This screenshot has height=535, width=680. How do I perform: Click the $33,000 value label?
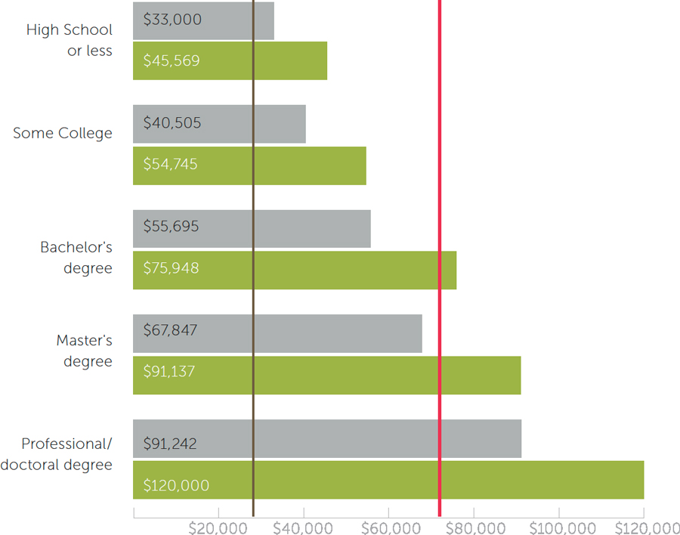point(172,20)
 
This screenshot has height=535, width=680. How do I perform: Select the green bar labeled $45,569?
point(230,61)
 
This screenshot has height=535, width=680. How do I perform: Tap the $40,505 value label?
point(172,123)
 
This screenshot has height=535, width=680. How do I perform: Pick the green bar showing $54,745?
point(249,165)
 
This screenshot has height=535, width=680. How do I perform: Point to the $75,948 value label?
point(172,268)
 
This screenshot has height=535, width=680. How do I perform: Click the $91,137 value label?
point(169,373)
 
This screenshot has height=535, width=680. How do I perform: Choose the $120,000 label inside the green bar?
point(176,486)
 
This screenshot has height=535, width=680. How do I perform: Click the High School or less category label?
point(69,41)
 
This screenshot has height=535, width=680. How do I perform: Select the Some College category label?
point(63,134)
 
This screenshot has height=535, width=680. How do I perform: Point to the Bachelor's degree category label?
point(76,258)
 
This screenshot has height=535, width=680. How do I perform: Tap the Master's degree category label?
point(84,351)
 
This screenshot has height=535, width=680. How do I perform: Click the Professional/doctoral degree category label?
point(57,454)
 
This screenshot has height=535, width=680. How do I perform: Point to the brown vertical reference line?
point(253,189)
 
